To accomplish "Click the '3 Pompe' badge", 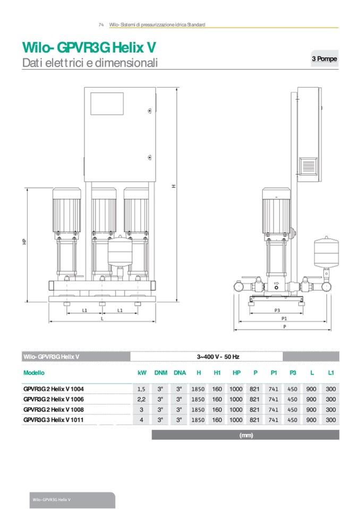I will coord(324,58).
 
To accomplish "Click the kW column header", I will coord(142,373).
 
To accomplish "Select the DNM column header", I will coord(160,373).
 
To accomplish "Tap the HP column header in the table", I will coord(236,373).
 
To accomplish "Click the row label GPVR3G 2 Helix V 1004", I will coord(53,389).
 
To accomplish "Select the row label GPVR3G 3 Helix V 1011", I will coord(53,420).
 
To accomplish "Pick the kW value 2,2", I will coord(142,399).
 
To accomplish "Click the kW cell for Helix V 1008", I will coord(142,410).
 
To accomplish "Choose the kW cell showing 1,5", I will coord(142,389).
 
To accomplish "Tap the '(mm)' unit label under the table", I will coord(246,435).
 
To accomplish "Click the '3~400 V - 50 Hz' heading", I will coord(218,357).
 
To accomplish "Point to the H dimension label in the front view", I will coord(174,186).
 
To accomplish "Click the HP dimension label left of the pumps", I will coord(24,241).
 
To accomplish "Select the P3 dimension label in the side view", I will coord(277,309).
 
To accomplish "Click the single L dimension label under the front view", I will coord(102,318).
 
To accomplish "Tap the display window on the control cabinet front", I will coord(107,103).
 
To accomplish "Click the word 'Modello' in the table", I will coord(34,373).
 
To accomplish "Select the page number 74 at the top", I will coord(101,25).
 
